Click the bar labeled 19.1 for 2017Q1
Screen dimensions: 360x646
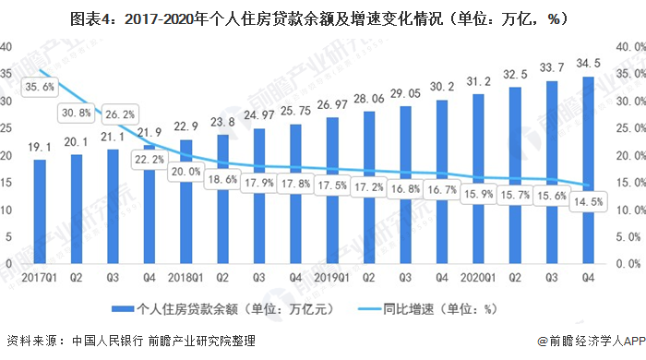[40, 212]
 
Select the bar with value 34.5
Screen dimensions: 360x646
[589, 171]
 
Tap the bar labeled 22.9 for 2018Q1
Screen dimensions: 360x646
[186, 203]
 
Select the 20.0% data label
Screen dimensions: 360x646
[185, 172]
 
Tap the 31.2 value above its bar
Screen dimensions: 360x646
[479, 81]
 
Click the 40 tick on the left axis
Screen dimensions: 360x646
[7, 46]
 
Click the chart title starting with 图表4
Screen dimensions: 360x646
[322, 18]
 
